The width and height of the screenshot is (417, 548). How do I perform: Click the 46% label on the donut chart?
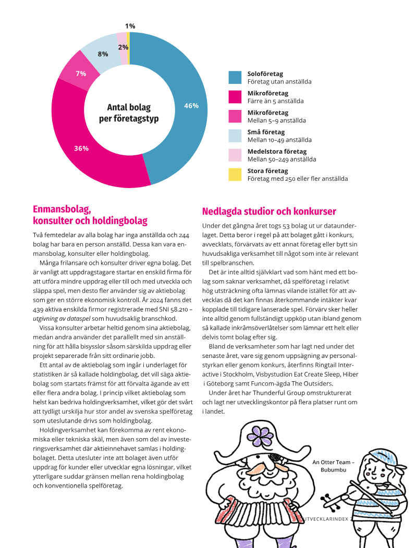tap(191, 106)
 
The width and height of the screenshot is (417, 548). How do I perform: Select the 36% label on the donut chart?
tap(81, 148)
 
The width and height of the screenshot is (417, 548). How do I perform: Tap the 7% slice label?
tap(81, 73)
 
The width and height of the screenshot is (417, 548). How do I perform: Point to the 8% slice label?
tap(103, 54)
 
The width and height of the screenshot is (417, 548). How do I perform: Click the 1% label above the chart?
tap(130, 26)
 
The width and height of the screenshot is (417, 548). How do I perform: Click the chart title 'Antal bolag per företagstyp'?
tap(129, 113)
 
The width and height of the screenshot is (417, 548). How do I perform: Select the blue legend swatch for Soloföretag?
tap(235, 78)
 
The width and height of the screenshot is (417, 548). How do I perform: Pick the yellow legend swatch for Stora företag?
tap(235, 175)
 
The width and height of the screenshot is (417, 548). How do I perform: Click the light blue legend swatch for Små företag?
tap(235, 136)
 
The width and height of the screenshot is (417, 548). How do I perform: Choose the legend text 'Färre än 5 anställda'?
tap(275, 101)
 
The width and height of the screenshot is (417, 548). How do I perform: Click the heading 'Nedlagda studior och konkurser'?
tap(269, 211)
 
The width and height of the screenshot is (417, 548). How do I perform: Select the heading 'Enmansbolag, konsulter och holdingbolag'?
tap(90, 215)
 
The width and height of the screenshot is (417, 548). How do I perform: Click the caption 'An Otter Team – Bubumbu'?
tap(333, 466)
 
